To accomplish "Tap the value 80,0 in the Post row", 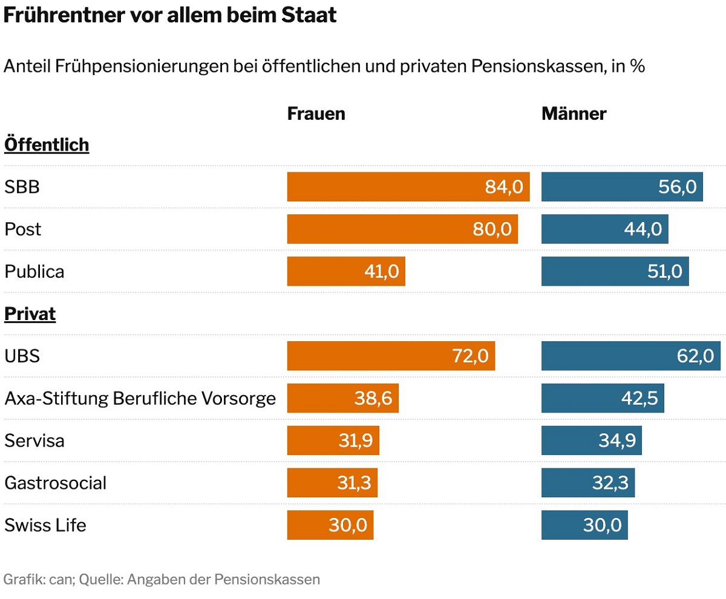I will (492, 229).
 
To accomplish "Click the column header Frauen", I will (316, 113).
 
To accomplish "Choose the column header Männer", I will (574, 113).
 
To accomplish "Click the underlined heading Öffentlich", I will (47, 145).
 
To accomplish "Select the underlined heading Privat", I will (30, 315).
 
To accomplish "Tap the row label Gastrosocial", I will (55, 483).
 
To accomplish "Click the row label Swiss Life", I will (45, 525).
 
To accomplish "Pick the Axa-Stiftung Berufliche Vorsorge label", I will (140, 399).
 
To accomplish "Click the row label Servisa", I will (34, 440).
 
